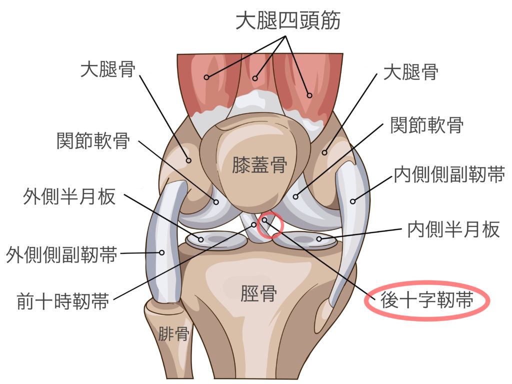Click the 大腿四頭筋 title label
(288, 20)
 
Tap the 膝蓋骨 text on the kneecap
(259, 164)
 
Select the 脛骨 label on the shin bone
(258, 293)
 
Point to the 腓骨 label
(173, 333)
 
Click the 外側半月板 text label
(69, 196)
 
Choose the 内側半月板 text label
(453, 229)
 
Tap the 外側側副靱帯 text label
(61, 254)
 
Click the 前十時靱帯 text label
(63, 301)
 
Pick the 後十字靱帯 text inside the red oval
(427, 300)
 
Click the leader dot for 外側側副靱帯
(161, 252)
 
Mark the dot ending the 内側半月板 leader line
(319, 239)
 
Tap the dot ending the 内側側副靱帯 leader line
(352, 201)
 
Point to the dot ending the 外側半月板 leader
(201, 239)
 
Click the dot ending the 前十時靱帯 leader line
(253, 224)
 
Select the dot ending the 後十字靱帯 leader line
(264, 220)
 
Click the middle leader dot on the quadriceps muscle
(255, 78)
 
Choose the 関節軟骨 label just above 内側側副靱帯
(427, 124)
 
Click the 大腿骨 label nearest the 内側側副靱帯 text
(411, 72)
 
